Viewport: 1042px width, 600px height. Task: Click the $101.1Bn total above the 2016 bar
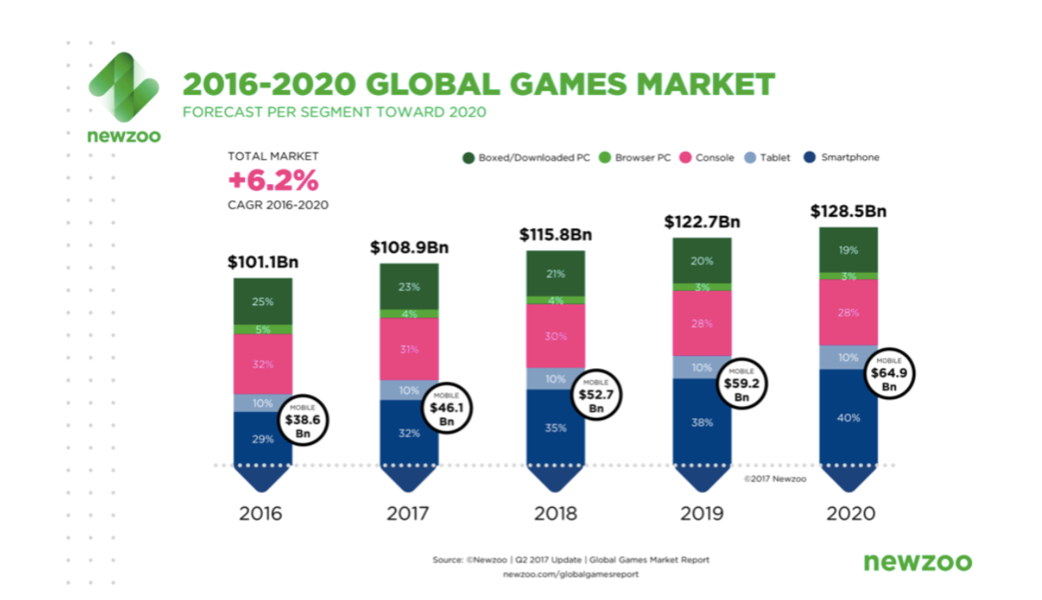point(262,262)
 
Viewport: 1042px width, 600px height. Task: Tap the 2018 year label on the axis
point(556,512)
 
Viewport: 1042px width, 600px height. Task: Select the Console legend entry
point(709,157)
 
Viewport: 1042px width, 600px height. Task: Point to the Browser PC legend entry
point(636,157)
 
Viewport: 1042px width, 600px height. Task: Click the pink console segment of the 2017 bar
point(409,349)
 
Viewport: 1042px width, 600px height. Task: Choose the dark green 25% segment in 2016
point(262,301)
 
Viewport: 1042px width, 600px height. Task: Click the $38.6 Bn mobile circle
point(302,421)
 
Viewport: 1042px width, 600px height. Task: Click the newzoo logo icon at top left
point(124,87)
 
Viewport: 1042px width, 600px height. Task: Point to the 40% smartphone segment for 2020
point(848,417)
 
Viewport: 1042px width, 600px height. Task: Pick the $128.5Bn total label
point(848,212)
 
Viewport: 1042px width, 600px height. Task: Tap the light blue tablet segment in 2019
point(701,367)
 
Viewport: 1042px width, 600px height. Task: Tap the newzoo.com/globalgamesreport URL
point(571,575)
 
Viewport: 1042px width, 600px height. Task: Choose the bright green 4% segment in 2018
point(556,300)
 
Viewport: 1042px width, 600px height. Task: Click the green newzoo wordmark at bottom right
point(917,562)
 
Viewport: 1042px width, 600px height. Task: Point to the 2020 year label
point(850,512)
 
